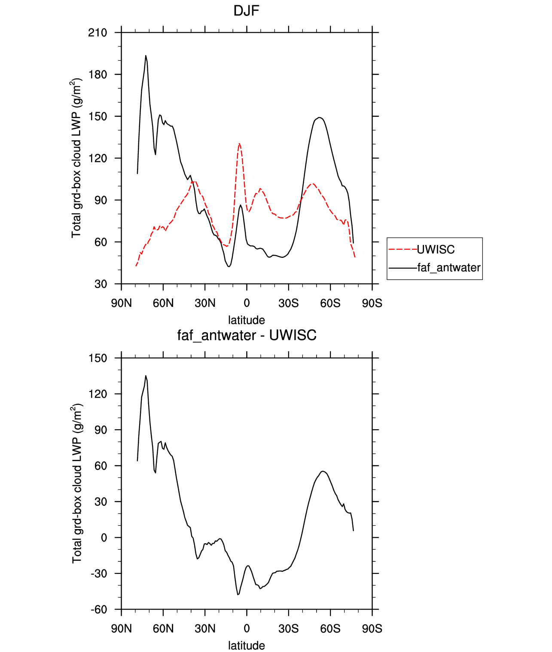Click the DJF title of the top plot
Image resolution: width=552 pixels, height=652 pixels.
click(246, 11)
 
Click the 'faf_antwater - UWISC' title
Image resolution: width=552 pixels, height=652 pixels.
click(247, 335)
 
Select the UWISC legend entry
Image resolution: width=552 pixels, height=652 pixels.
click(421, 250)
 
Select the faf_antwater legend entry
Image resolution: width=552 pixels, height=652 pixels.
click(434, 267)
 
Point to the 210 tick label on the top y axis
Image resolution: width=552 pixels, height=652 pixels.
click(98, 33)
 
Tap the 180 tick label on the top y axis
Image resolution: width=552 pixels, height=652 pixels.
click(98, 74)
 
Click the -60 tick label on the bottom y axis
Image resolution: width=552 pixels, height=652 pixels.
click(99, 610)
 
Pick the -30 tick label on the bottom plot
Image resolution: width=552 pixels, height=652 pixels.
click(99, 574)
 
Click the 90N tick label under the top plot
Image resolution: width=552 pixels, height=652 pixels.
click(122, 303)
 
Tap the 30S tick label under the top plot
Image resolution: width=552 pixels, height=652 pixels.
click(288, 303)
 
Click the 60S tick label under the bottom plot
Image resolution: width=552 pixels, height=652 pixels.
click(330, 629)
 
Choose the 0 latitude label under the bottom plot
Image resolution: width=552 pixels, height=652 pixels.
click(247, 629)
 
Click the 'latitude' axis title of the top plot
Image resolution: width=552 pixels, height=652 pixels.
click(247, 320)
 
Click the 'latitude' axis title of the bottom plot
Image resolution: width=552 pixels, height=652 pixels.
click(247, 646)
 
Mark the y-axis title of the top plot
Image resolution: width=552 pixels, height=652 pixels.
click(76, 158)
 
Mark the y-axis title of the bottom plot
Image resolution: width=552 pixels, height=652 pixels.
click(76, 483)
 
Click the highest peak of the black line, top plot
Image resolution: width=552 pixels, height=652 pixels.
click(146, 55)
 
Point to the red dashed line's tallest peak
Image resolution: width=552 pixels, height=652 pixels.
click(240, 144)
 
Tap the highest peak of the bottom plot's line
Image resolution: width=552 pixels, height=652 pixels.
click(146, 376)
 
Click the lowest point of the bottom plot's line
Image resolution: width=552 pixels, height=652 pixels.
click(238, 595)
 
